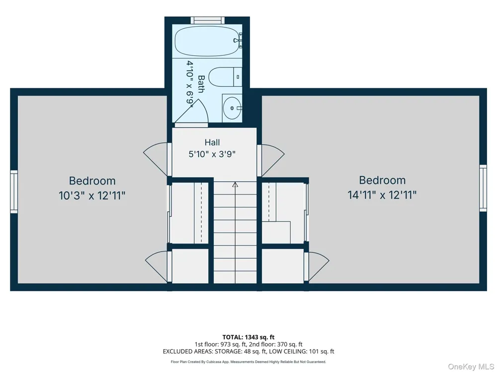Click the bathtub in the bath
tap(206, 41)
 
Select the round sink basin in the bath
tap(232, 108)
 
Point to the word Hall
tap(212, 142)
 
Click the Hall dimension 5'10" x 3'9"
tap(212, 154)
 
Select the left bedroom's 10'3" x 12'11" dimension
tap(92, 195)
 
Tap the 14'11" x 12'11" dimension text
tap(382, 195)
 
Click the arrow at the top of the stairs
tap(235, 185)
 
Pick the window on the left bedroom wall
tap(14, 191)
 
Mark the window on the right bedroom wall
tap(483, 188)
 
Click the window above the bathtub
tap(207, 20)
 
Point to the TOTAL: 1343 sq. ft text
tap(248, 337)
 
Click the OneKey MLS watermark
tap(471, 367)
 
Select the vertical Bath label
tap(201, 84)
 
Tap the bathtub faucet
tap(238, 40)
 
